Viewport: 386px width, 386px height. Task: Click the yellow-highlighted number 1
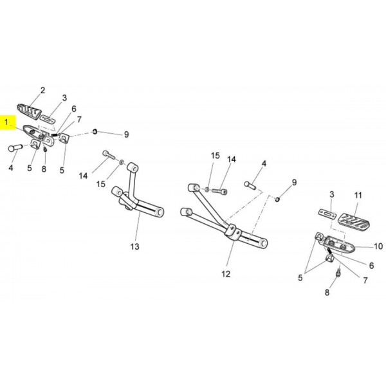[x=6, y=122]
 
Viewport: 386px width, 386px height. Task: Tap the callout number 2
[x=43, y=90]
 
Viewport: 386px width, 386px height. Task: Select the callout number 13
[x=135, y=246]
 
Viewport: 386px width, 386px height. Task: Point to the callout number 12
[x=226, y=274]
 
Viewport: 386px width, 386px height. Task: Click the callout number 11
[x=358, y=196]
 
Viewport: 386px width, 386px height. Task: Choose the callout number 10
[x=378, y=246]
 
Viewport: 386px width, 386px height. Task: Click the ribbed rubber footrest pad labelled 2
[x=29, y=111]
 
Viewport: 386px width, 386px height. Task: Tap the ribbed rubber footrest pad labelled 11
[x=354, y=221]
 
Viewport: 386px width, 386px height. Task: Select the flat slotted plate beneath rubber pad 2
[x=48, y=118]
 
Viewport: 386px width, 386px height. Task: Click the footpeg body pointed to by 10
[x=339, y=244]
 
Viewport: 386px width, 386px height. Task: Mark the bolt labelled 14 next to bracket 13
[x=109, y=155]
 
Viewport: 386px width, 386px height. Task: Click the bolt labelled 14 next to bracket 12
[x=219, y=191]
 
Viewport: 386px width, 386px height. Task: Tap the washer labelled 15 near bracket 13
[x=122, y=163]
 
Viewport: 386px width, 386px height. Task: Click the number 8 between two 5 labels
[x=44, y=169]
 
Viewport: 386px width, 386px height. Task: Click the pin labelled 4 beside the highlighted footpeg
[x=15, y=148]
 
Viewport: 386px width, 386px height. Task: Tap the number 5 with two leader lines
[x=300, y=278]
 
